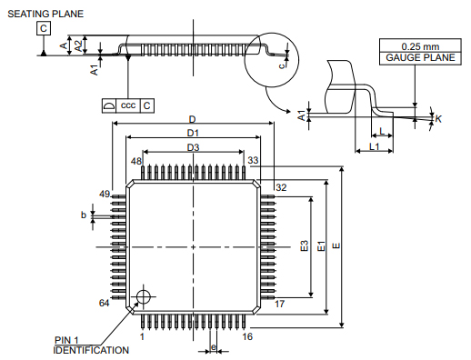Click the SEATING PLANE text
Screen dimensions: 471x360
45,14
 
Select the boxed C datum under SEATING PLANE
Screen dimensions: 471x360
44,28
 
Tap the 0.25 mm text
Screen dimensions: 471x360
420,46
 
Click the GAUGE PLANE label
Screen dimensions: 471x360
420,57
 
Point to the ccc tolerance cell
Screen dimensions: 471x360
128,105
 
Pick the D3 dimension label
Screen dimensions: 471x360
193,147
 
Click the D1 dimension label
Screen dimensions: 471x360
193,133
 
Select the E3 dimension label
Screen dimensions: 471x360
304,245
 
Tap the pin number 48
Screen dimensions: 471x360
136,161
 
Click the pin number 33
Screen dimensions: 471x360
253,160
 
